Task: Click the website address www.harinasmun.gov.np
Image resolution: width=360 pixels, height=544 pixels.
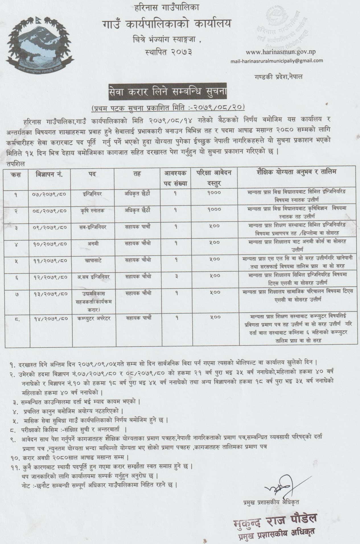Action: pyautogui.click(x=280, y=52)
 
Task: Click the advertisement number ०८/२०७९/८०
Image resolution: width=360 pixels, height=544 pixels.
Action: pyautogui.click(x=49, y=210)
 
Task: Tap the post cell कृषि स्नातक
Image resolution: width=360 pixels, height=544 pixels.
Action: pyautogui.click(x=91, y=210)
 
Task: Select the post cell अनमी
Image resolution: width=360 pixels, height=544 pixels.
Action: pyautogui.click(x=91, y=243)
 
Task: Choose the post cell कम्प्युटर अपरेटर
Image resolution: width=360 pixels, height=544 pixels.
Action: pyautogui.click(x=91, y=318)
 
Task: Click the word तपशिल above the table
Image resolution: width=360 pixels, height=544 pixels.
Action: pyautogui.click(x=16, y=164)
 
